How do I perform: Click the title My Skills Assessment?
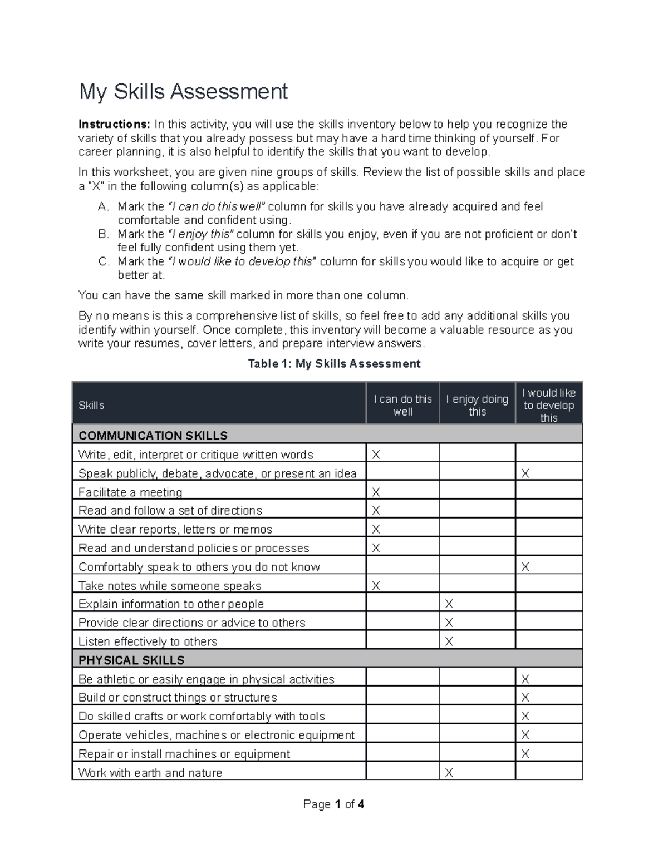click(x=183, y=92)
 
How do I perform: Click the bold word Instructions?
click(x=114, y=124)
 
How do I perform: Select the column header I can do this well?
click(x=402, y=406)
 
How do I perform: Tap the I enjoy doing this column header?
click(x=477, y=406)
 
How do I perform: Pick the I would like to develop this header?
click(x=548, y=405)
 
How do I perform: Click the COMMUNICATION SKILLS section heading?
click(x=153, y=435)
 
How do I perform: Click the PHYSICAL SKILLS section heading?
click(x=131, y=660)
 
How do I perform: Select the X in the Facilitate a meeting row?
click(x=376, y=492)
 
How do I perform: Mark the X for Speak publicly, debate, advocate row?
click(x=525, y=473)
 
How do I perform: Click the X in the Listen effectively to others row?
click(x=449, y=641)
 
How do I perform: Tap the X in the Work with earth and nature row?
click(x=449, y=773)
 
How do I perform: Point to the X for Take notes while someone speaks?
click(x=376, y=586)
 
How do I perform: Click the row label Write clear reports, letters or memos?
click(x=175, y=529)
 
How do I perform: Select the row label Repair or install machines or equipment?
click(x=184, y=754)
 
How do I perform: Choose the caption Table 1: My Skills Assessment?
click(x=334, y=364)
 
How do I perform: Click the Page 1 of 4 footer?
click(x=333, y=804)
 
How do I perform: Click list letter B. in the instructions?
click(x=104, y=234)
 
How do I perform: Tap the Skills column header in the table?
click(x=91, y=406)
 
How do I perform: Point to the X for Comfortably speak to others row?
click(x=525, y=567)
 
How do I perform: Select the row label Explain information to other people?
click(x=171, y=604)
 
